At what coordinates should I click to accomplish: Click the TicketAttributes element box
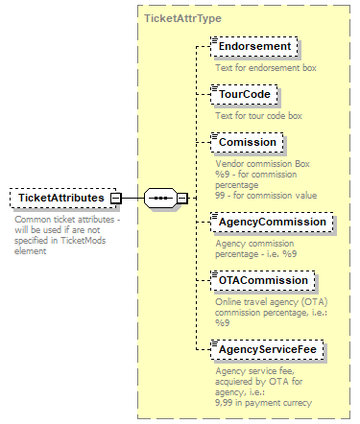[x=61, y=198]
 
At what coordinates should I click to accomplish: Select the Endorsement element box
[x=254, y=47]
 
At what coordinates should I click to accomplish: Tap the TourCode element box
[x=245, y=95]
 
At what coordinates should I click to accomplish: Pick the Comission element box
[x=247, y=142]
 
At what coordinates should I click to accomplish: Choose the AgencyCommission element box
[x=273, y=222]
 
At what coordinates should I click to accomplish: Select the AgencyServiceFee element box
[x=273, y=349]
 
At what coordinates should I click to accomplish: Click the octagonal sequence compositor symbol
[x=159, y=199]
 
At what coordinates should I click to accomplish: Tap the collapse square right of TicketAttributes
[x=115, y=199]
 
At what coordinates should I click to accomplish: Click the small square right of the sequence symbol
[x=181, y=199]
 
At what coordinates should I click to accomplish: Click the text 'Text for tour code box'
[x=258, y=115]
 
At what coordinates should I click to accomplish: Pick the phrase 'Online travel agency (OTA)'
[x=272, y=301]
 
